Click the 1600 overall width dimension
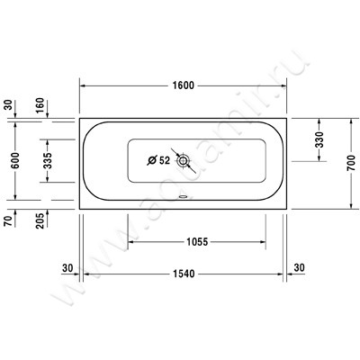point(184,85)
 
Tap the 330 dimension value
point(321,141)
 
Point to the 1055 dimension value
point(197,242)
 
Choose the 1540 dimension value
point(184,271)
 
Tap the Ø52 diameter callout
point(158,162)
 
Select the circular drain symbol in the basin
point(184,162)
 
